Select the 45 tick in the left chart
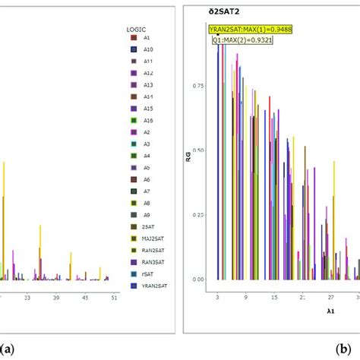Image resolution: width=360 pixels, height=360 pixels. click(85, 298)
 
